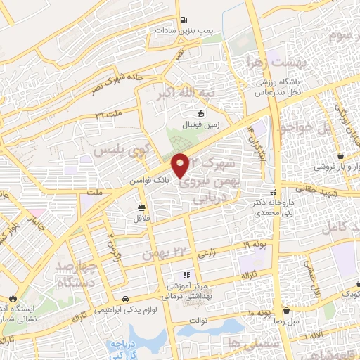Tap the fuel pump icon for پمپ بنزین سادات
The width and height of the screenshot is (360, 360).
pos(184,20)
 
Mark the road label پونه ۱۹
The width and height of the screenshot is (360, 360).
pos(257,245)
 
